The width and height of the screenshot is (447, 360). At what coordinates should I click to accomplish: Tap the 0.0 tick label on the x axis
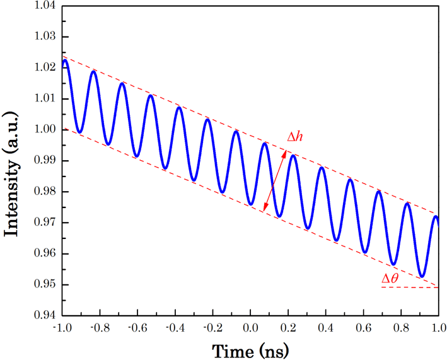(250, 328)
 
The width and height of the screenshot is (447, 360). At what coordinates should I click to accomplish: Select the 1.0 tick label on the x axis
(439, 328)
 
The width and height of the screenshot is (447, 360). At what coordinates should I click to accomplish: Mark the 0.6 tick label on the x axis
(363, 328)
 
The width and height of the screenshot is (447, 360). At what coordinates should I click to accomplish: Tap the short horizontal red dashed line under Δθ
(410, 287)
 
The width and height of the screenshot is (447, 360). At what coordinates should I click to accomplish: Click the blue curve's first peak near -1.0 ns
(65, 61)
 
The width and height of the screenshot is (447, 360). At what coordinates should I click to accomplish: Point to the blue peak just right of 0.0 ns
(265, 144)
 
